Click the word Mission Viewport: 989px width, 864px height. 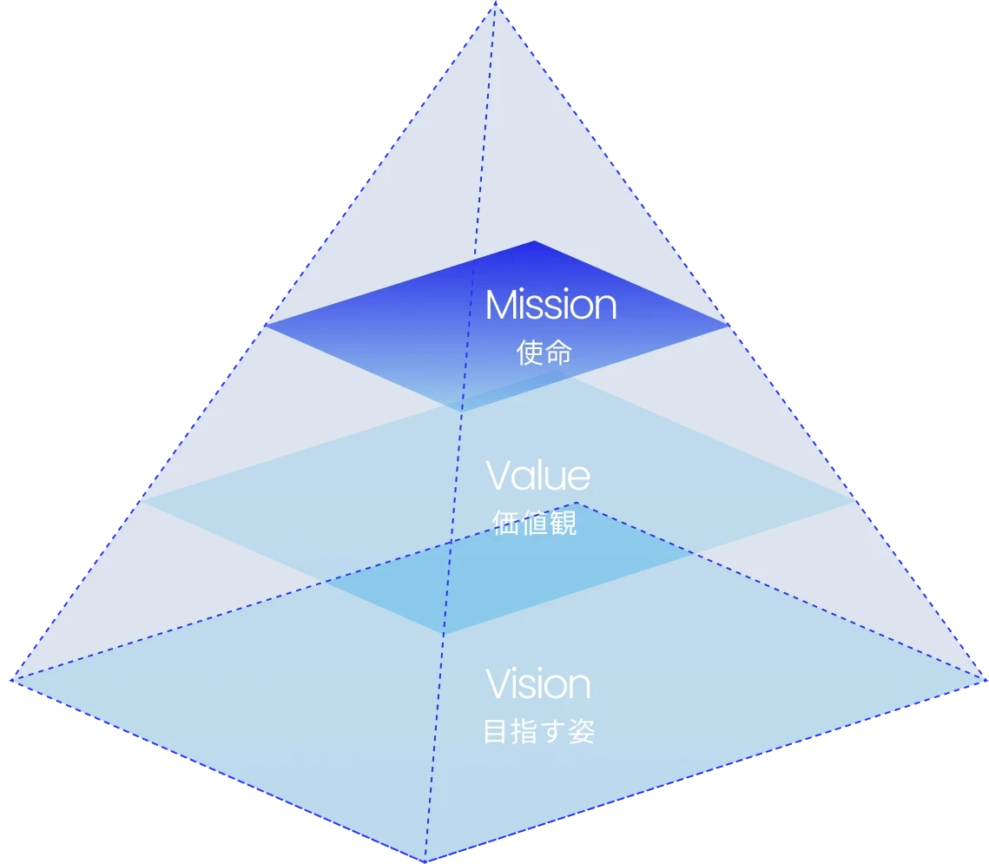[551, 306]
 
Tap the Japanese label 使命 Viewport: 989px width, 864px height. [544, 353]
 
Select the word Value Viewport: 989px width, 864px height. [537, 476]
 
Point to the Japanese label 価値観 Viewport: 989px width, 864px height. [534, 523]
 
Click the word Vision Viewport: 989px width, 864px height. [537, 684]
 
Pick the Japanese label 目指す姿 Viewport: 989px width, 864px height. [538, 731]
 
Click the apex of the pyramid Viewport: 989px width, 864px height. [495, 3]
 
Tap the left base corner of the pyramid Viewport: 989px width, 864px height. [10, 678]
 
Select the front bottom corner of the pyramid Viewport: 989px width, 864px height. [425, 861]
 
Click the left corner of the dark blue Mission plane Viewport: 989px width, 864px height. [265, 325]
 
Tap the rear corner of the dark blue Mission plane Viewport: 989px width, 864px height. [534, 241]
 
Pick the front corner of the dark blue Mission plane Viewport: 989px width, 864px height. [460, 409]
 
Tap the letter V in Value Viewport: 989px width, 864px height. [499, 476]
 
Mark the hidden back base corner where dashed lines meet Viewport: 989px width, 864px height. [575, 503]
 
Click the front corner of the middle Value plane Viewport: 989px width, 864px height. [444, 633]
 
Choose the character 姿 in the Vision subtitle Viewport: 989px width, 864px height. [583, 731]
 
